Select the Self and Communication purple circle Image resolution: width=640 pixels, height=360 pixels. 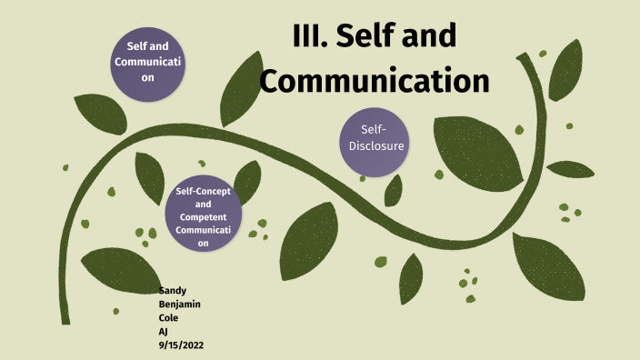tap(147, 62)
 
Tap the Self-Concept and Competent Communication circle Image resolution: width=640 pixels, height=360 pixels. tap(204, 216)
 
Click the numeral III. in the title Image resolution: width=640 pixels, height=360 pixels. tap(312, 36)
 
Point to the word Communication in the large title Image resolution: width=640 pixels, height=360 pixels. tap(375, 80)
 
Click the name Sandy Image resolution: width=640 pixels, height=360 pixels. tap(173, 290)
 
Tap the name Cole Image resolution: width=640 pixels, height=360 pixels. tap(169, 319)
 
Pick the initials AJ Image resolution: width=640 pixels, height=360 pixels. tap(164, 333)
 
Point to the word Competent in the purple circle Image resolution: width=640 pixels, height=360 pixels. tap(204, 217)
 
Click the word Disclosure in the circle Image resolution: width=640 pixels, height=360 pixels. tap(376, 145)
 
